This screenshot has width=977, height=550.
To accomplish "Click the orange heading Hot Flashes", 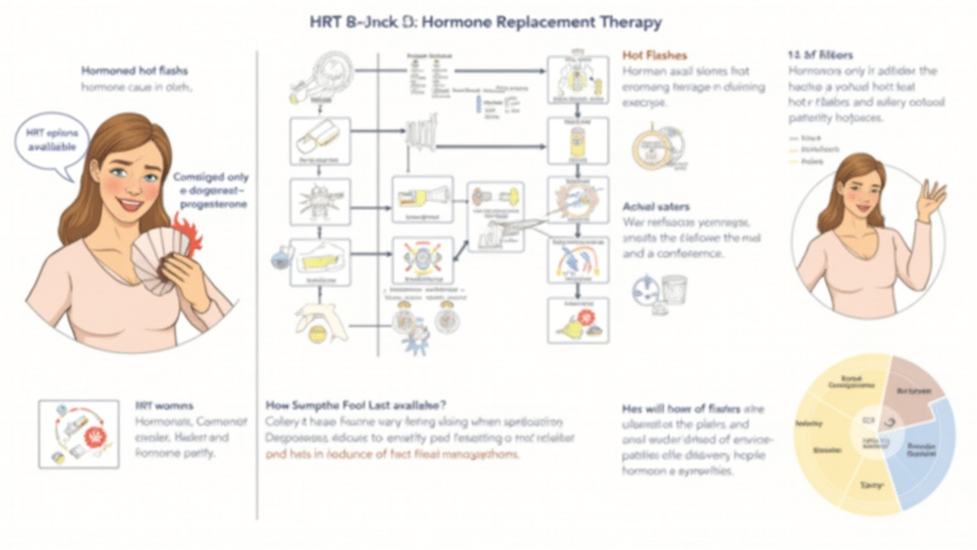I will (655, 55).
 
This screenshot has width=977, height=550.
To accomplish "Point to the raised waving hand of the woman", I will (929, 200).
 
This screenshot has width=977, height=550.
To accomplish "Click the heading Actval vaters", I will (656, 206).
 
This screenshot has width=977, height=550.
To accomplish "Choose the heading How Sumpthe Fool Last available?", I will (355, 405).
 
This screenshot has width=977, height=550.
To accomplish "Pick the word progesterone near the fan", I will (211, 203).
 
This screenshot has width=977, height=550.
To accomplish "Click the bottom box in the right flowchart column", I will (577, 321).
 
